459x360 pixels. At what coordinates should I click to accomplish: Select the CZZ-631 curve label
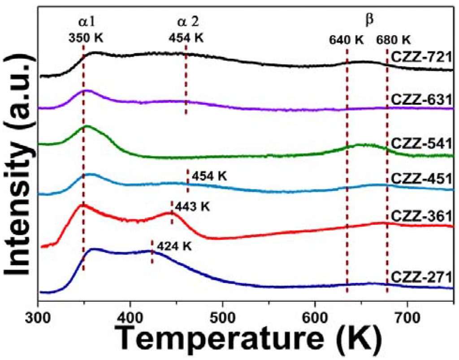(x=424, y=99)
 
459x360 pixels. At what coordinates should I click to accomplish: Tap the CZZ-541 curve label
(x=424, y=144)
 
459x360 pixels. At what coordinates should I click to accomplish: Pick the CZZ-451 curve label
(x=424, y=179)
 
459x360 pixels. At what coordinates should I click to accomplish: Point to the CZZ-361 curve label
(x=424, y=216)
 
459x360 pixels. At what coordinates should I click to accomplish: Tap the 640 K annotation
(x=346, y=39)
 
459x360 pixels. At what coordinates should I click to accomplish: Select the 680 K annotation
(x=393, y=39)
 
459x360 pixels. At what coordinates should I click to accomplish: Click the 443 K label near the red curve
(x=192, y=207)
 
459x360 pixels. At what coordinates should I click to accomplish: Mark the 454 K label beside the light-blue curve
(x=209, y=176)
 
